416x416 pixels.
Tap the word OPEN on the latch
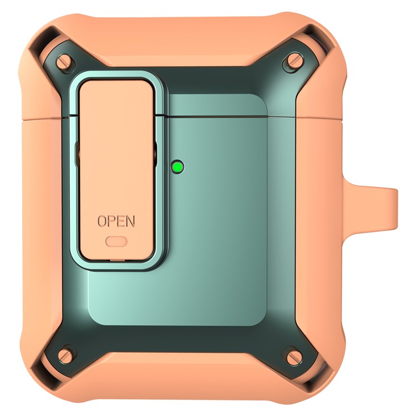click(116, 221)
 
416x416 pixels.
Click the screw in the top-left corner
click(65, 60)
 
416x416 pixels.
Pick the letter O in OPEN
click(102, 221)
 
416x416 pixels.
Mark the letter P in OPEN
click(111, 221)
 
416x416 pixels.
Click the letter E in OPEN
click(120, 221)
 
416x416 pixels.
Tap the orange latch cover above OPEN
click(116, 144)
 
